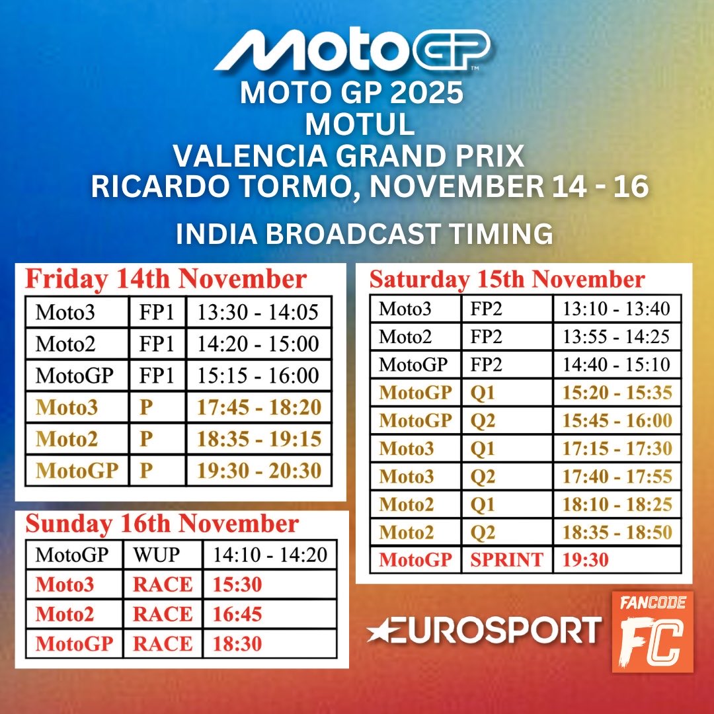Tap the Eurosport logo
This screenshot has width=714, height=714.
coord(483,629)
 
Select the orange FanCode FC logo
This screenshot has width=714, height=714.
coord(653,631)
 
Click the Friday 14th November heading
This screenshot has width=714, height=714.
coord(166,279)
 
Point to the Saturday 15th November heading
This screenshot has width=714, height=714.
coord(507,279)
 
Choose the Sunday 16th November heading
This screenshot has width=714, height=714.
coord(162,524)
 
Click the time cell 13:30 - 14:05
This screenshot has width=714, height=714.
coord(258,312)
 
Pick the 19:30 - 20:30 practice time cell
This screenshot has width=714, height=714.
coord(259,471)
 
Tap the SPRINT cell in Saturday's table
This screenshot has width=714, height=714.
coord(506,560)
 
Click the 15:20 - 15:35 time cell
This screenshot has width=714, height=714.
coord(616,393)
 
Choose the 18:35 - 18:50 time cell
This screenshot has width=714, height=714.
coord(616,532)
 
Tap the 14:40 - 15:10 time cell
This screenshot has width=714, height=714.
coord(616,364)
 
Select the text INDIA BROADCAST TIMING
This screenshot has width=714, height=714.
coord(364,235)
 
